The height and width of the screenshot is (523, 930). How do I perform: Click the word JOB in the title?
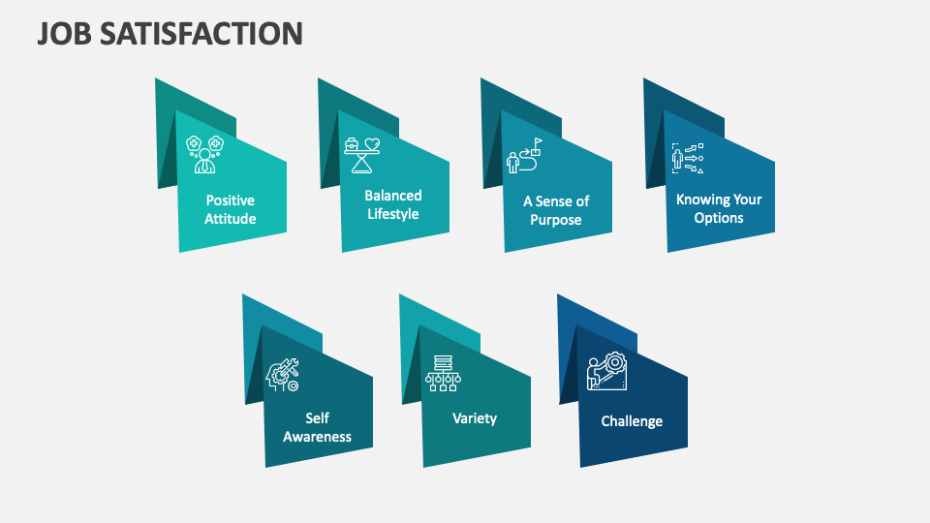pos(68,33)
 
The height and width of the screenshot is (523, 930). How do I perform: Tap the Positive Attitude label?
pos(231,209)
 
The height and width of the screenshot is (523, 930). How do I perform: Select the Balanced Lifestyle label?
pos(393,204)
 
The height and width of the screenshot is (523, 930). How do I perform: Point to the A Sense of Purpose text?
pos(556,210)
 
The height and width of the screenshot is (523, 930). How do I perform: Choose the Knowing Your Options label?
pos(719,208)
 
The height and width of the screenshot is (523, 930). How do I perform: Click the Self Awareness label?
pos(317,427)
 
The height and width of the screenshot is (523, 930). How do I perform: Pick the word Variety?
pos(475,418)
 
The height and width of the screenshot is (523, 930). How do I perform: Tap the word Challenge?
pos(632,420)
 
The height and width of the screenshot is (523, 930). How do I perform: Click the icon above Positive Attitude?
pos(204,153)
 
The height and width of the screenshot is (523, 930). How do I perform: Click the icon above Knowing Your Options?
pos(688,158)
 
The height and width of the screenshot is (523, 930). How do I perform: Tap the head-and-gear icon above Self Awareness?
pos(283,375)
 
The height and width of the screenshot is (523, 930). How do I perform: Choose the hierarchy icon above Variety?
pos(442,374)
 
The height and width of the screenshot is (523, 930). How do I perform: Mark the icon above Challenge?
pos(607,373)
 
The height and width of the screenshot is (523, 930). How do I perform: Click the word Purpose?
pos(556,220)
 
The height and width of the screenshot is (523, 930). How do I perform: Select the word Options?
pos(719,218)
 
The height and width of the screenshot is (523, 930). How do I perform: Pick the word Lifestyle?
pos(393,214)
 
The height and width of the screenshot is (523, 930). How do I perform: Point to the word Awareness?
pos(317,437)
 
